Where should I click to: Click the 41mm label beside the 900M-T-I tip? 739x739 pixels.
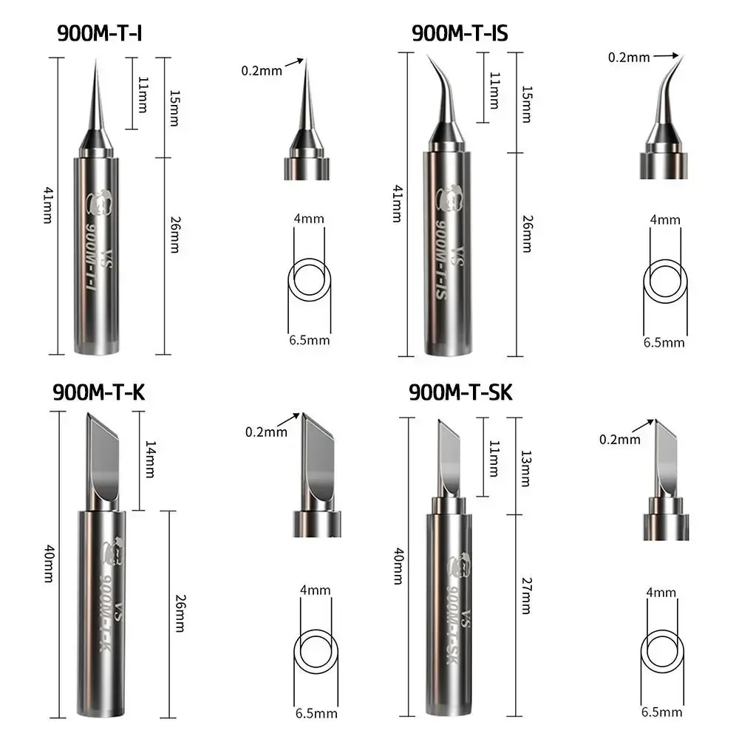click(x=48, y=206)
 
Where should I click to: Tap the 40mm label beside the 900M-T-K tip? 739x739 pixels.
click(x=48, y=565)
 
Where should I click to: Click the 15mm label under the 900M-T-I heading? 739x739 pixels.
click(x=173, y=108)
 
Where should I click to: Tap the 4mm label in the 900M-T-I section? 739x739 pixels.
click(x=309, y=219)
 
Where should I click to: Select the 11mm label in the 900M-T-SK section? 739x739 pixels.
click(x=494, y=458)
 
